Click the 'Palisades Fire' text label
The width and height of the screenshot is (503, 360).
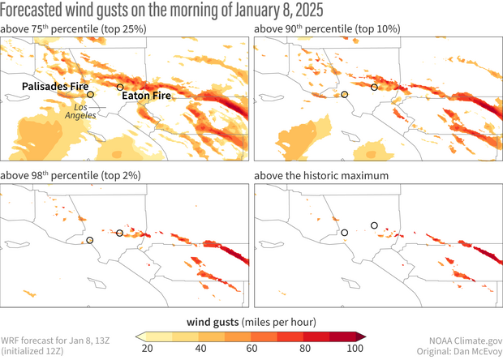[x=54, y=84]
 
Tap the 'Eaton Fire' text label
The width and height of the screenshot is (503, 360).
[x=148, y=96]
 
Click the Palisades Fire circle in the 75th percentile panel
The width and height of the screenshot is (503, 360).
[x=91, y=95]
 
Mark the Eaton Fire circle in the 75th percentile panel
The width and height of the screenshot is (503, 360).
[x=120, y=87]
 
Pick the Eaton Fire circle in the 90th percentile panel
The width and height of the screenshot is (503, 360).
[x=374, y=87]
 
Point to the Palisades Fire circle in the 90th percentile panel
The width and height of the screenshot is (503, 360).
[x=345, y=95]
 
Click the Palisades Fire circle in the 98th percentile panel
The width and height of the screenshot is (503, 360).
[x=91, y=241]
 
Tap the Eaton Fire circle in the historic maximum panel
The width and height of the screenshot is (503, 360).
[x=374, y=225]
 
